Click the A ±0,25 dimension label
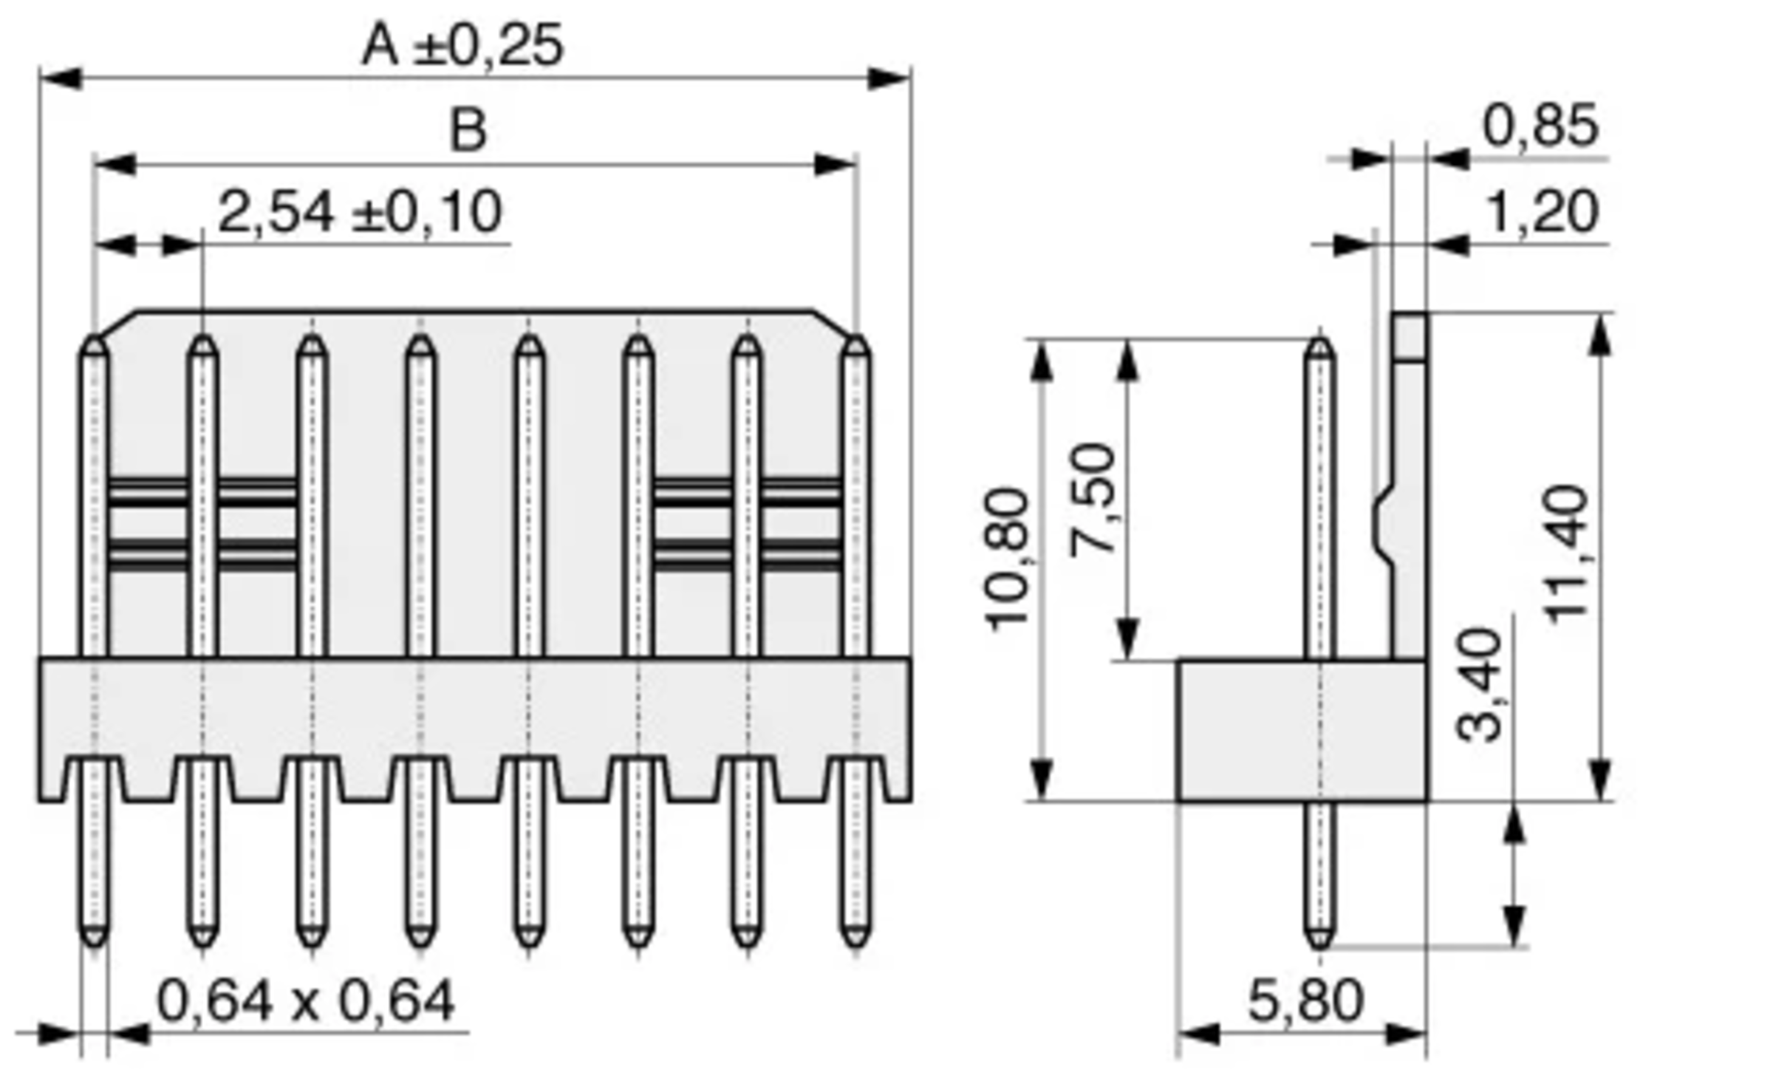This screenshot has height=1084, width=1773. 462,46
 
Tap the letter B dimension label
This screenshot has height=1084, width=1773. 468,131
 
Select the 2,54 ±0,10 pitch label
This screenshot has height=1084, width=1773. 361,213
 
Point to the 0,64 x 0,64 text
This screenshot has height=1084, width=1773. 306,1002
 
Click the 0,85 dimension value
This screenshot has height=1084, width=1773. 1540,126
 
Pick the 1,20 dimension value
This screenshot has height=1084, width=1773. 1540,213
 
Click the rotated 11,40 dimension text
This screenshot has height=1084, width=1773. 1567,554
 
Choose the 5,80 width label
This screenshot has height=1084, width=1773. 1305,1002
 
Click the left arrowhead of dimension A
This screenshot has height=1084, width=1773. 59,78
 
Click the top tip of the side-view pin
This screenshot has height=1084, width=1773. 1319,342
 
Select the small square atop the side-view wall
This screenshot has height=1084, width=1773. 1409,336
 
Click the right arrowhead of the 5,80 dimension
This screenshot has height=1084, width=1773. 1407,1034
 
